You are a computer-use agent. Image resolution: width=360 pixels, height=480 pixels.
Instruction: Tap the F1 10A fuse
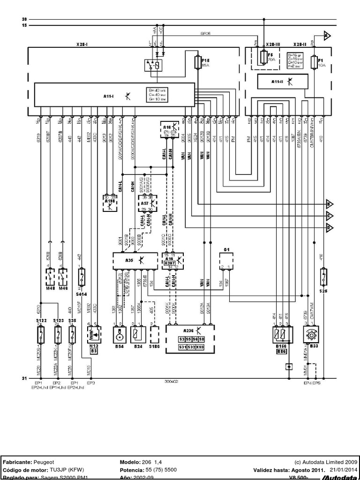[313, 62]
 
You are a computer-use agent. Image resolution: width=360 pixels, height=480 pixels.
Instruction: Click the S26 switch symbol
[323, 276]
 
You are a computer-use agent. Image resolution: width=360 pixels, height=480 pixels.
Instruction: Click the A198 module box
[111, 202]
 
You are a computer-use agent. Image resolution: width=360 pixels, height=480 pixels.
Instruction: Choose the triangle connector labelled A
[328, 35]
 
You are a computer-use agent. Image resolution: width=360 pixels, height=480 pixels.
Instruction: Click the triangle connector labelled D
[330, 228]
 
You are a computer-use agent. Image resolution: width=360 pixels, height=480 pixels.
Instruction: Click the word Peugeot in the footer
[45, 462]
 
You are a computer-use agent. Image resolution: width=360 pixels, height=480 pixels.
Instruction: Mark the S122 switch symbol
[41, 336]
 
